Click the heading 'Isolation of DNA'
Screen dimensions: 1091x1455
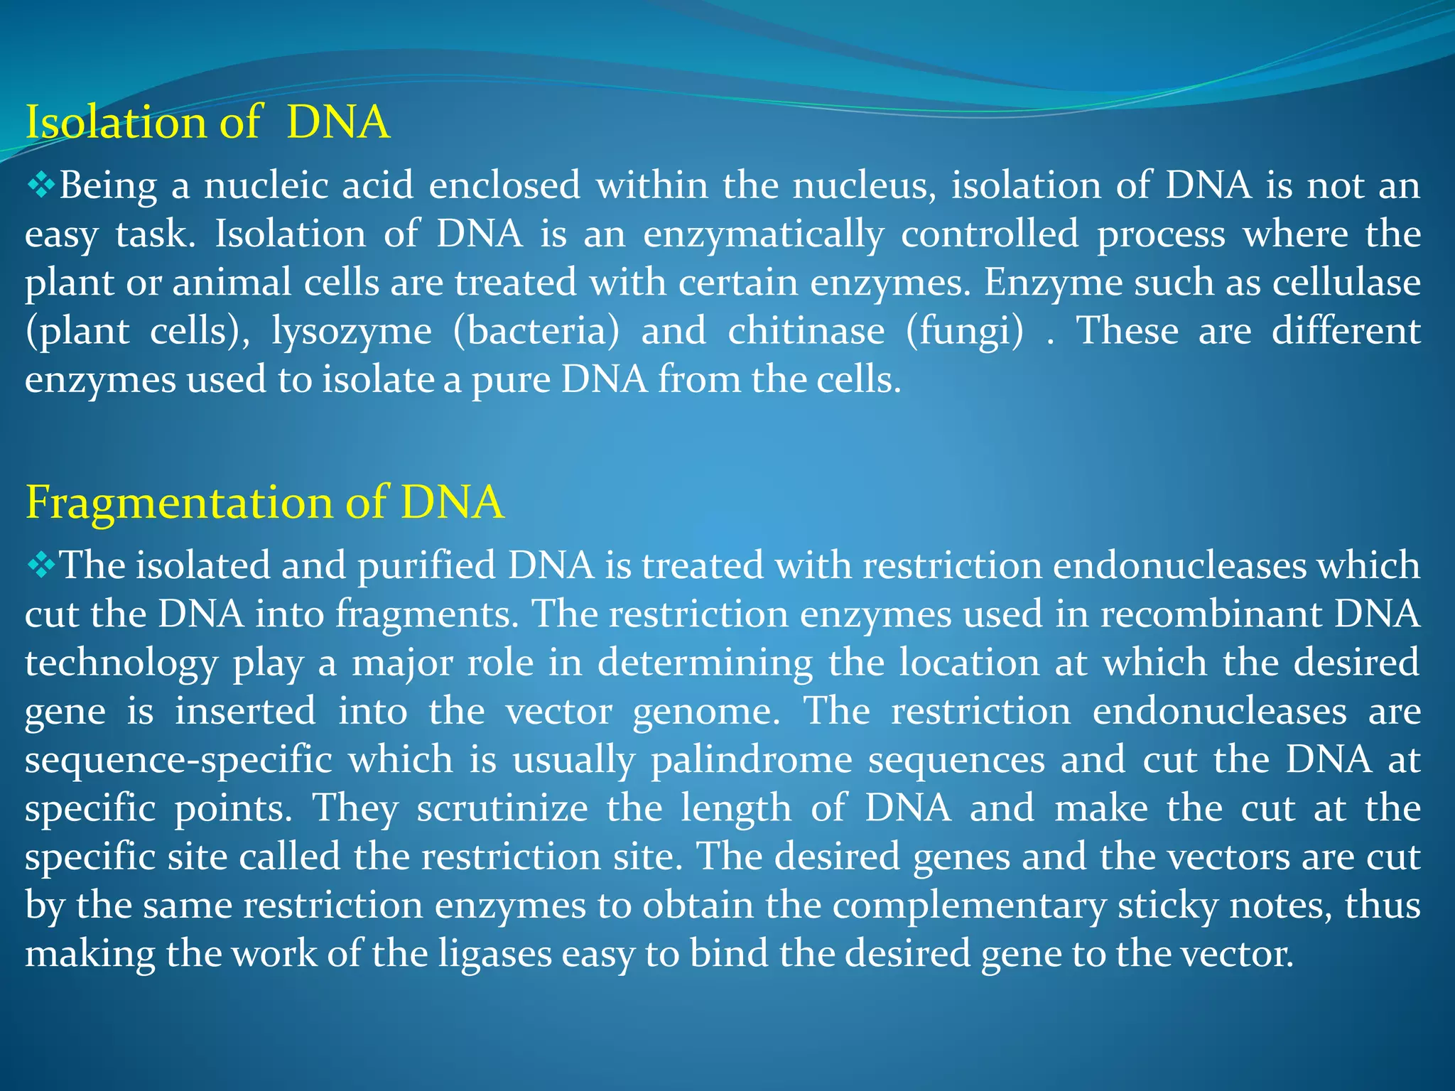(x=207, y=122)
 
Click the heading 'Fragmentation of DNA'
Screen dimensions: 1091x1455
(x=264, y=502)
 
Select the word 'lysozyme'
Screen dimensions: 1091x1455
(x=352, y=332)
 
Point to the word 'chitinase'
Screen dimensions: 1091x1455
(x=806, y=331)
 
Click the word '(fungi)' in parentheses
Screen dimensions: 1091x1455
(x=965, y=332)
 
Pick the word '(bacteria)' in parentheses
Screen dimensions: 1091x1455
(x=536, y=331)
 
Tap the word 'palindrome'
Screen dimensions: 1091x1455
(x=752, y=759)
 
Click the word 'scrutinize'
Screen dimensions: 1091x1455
(x=502, y=808)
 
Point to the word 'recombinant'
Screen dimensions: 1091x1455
(x=1209, y=614)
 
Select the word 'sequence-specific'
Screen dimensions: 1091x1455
(x=178, y=761)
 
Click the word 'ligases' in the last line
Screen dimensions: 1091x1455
(x=494, y=954)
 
